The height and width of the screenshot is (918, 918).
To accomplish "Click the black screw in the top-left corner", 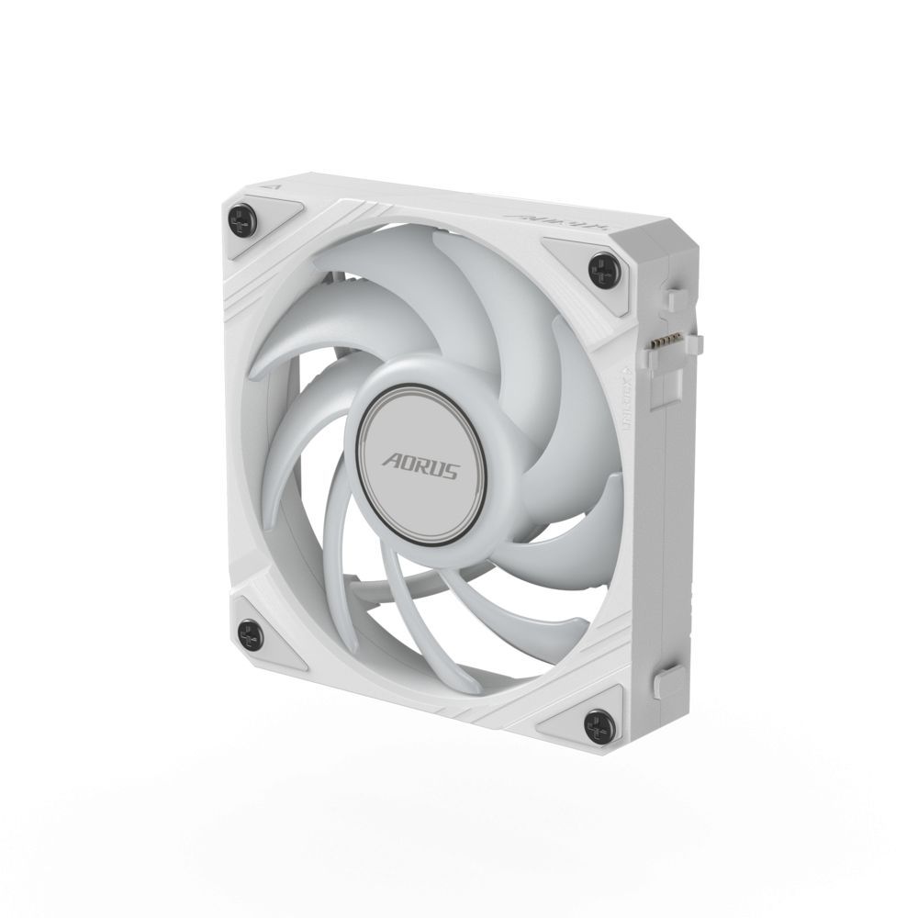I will [x=241, y=218].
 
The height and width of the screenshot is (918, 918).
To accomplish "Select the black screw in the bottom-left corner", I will [x=247, y=632].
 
